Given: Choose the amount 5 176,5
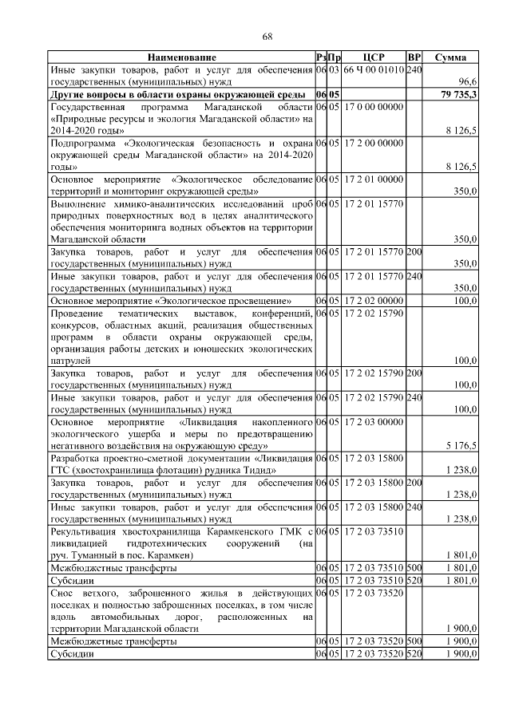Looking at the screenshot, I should click(x=461, y=445).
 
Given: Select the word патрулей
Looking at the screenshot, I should click(x=72, y=361).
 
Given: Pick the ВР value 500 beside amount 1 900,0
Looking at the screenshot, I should click(x=414, y=641).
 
